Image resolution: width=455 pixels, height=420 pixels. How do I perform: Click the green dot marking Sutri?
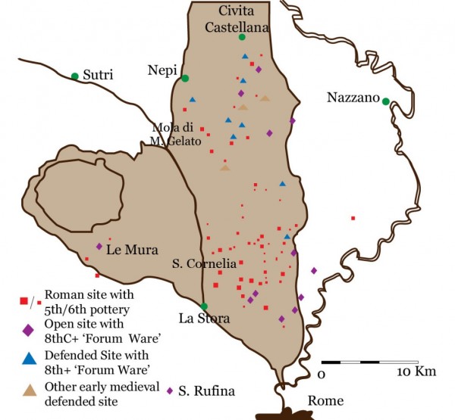point(74,76)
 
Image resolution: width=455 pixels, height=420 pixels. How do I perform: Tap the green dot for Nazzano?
point(385,101)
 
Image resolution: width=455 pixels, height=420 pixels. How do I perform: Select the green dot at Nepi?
point(184,78)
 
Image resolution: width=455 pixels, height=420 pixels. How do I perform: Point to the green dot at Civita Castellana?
point(242,37)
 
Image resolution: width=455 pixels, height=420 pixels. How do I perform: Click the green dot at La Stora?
point(204,306)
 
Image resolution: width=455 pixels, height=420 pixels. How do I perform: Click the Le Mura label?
point(130,248)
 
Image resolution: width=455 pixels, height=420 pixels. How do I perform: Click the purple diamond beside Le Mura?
point(99,246)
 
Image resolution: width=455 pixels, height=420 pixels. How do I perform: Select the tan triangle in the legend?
point(28,390)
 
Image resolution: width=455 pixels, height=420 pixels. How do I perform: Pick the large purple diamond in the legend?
point(28,330)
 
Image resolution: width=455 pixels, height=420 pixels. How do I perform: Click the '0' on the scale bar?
point(322,374)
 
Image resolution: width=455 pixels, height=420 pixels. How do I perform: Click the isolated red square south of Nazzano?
point(353,219)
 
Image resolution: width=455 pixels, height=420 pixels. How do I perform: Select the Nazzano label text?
point(351,97)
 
